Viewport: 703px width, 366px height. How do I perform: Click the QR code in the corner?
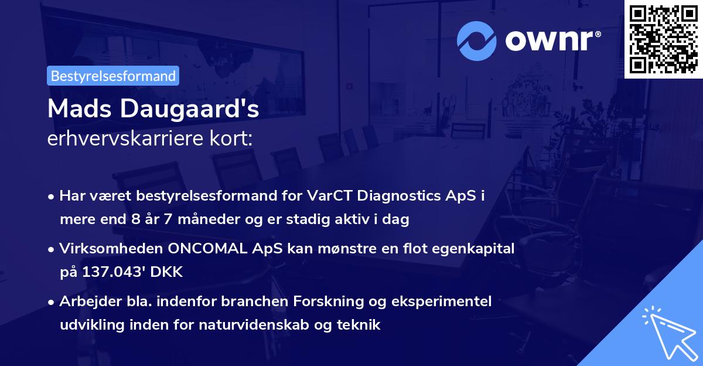[x=663, y=39]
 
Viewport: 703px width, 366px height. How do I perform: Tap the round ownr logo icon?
[x=477, y=40]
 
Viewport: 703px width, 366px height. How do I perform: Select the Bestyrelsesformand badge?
[x=113, y=76]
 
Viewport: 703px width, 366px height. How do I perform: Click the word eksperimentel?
[x=451, y=301]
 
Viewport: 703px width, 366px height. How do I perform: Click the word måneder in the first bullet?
[x=173, y=219]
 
